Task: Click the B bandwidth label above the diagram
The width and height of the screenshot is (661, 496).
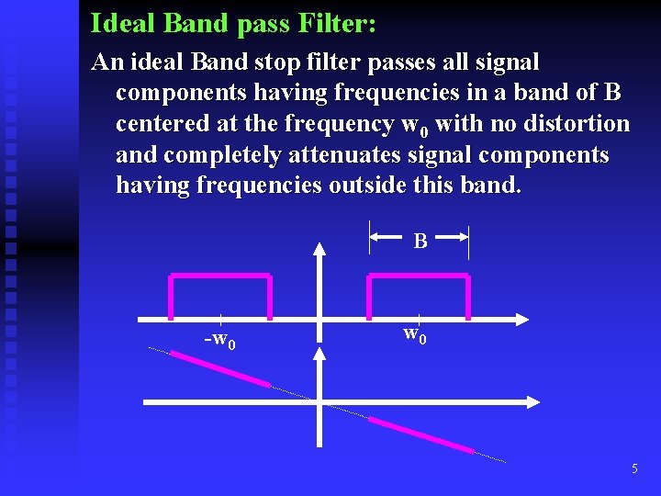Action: (x=420, y=242)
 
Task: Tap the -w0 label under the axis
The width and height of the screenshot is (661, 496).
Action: (x=219, y=341)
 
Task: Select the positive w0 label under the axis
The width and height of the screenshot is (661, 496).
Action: (x=414, y=333)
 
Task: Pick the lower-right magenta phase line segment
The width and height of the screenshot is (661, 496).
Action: (x=420, y=434)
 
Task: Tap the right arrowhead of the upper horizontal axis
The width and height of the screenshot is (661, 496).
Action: (x=521, y=320)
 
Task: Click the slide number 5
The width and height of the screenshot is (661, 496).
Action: (x=634, y=469)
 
